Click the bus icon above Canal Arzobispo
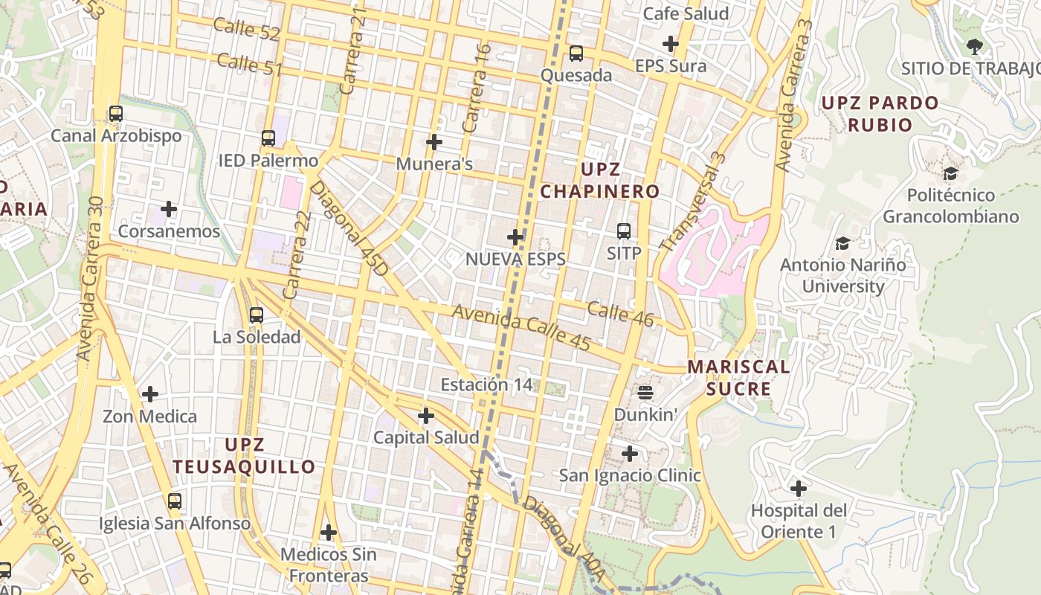coord(116,114)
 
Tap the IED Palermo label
coord(268,161)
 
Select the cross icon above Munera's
coord(434,141)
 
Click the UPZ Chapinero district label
coord(600,180)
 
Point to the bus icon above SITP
coord(624,231)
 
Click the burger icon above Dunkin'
coord(645,393)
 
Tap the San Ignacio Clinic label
coord(630,475)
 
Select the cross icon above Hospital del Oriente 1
coord(799,489)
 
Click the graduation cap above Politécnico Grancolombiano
coord(950,174)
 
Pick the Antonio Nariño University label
coord(843,275)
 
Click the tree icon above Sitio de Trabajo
coord(974,47)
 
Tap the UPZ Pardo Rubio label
coord(880,113)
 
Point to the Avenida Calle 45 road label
coord(521,328)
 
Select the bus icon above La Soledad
coord(257,315)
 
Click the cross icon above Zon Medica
coord(150,393)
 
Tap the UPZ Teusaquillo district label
coord(245,456)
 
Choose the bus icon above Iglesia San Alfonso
coord(175,501)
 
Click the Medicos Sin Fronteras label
coord(329,565)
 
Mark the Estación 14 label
coord(487,385)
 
